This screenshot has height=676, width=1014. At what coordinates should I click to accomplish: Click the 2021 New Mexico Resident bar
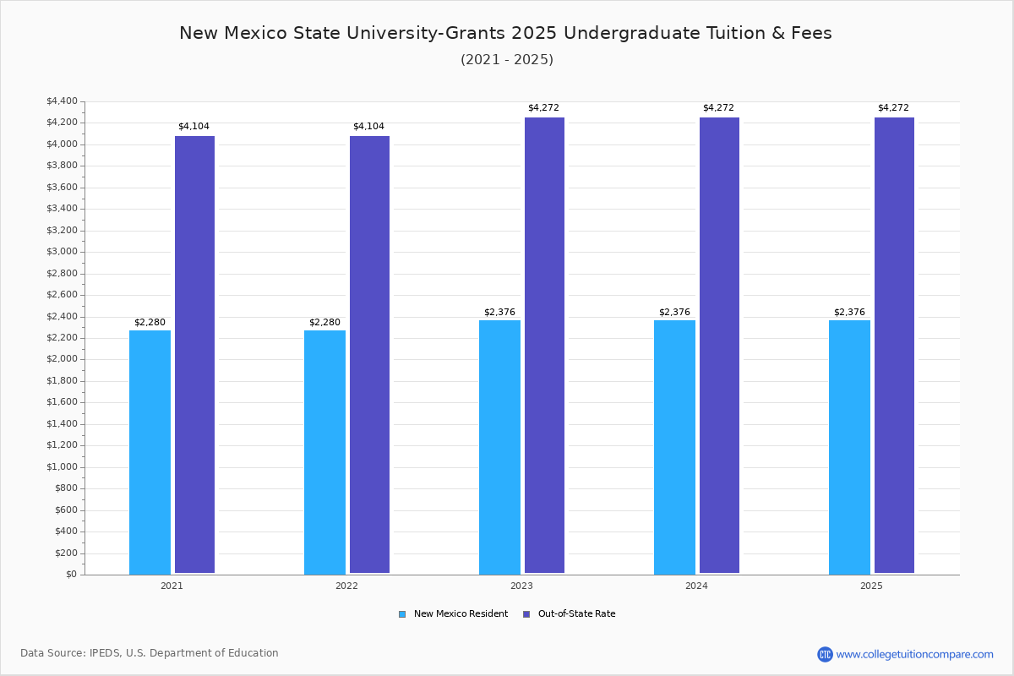click(150, 452)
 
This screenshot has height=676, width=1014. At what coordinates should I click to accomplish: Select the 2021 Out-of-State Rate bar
click(194, 355)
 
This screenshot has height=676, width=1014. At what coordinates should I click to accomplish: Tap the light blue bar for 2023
click(499, 447)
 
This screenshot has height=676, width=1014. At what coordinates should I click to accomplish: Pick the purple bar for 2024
click(719, 345)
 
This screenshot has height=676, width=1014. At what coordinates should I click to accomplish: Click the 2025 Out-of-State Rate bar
click(894, 345)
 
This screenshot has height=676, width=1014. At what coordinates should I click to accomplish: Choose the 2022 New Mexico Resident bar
click(324, 452)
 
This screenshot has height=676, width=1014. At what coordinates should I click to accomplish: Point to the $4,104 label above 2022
click(368, 126)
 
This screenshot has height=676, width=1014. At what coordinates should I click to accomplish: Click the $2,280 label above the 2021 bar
click(150, 323)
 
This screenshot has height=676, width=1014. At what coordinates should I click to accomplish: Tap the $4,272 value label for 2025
click(893, 108)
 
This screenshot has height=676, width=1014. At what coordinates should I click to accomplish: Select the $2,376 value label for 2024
click(674, 312)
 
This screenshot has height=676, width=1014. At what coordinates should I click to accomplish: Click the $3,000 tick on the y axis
click(62, 252)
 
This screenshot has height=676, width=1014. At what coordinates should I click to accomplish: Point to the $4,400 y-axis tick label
click(62, 101)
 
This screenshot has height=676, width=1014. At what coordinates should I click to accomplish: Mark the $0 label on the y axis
click(72, 574)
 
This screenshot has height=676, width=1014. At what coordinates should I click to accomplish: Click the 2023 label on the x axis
click(521, 586)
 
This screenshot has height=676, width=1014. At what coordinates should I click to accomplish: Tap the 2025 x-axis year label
click(871, 586)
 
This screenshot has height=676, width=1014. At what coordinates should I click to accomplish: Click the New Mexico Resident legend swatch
click(402, 614)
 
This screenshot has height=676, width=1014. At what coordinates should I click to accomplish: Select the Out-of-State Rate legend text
click(576, 614)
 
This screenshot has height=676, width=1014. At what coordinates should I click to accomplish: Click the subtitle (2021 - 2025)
click(507, 60)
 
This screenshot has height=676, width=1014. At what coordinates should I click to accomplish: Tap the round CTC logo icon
click(825, 654)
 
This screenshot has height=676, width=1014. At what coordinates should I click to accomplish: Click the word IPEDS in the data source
click(105, 653)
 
